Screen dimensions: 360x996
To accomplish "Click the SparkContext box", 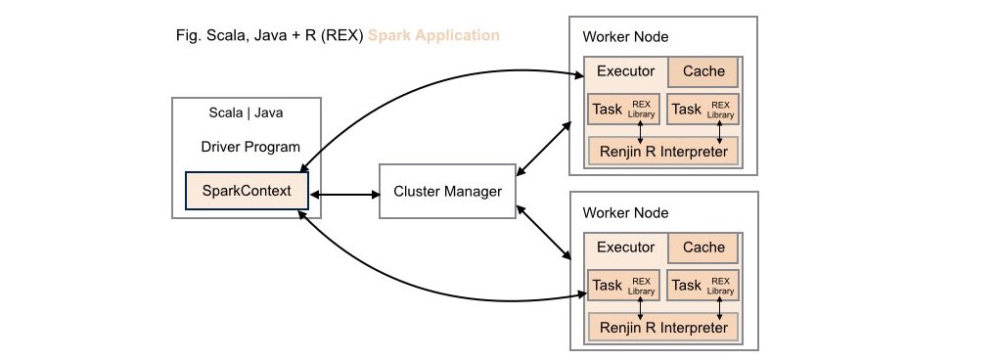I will point(247,191).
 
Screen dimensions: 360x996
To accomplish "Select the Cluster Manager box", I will point(447,192).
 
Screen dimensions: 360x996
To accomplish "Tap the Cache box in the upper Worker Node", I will point(703,71).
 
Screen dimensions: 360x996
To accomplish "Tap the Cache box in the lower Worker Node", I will point(703,247).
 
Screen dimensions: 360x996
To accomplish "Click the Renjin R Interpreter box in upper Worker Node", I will point(662,151).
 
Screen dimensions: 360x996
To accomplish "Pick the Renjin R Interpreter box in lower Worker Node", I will point(662,327).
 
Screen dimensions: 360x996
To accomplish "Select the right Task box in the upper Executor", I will point(702,109).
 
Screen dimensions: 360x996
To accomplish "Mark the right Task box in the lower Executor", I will point(702,285).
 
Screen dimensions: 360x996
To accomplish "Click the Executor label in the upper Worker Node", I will point(625,71).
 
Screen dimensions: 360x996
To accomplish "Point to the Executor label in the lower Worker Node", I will point(625,247).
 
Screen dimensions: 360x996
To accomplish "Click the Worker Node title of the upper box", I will point(626,37).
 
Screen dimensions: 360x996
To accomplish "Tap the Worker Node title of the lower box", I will point(626,212).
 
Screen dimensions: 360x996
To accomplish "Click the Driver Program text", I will point(249,148).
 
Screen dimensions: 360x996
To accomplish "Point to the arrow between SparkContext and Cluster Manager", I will point(343,194).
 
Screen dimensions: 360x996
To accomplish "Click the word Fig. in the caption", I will point(184,36).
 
